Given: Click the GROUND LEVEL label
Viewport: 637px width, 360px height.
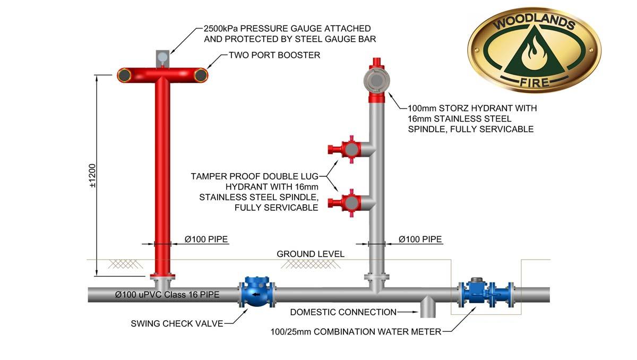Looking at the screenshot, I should tap(311, 254).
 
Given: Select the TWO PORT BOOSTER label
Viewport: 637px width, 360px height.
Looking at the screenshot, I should tap(274, 55).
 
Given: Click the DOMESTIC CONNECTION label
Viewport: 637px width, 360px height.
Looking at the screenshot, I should tap(343, 312).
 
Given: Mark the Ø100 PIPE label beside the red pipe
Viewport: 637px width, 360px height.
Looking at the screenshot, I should tap(206, 239).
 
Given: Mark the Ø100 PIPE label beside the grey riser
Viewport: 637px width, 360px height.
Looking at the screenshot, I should tap(420, 239).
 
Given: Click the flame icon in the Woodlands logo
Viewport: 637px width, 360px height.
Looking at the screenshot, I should tap(532, 53).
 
